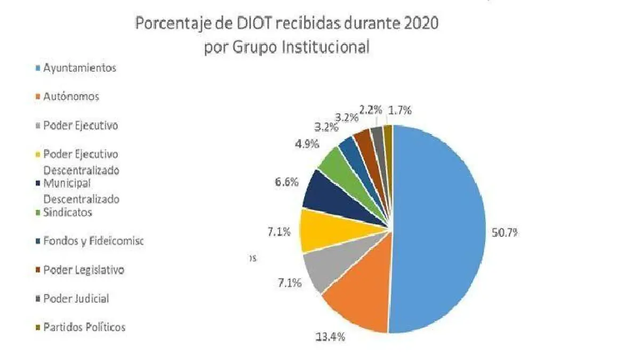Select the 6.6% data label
coord(286,182)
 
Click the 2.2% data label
coord(371,110)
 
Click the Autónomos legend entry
coord(71,97)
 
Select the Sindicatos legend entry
coord(68,212)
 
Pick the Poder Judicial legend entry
coord(76,299)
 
